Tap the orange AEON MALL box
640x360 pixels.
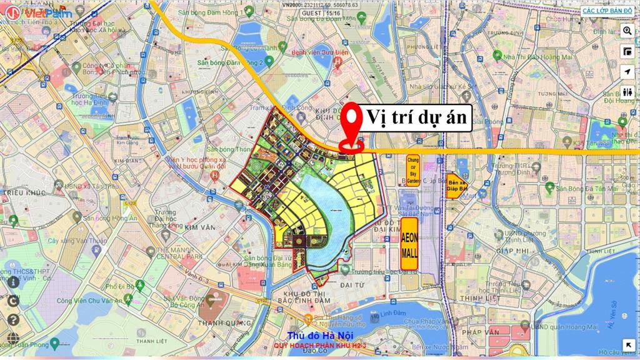[x=409, y=244]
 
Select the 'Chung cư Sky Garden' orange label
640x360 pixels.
[x=412, y=171]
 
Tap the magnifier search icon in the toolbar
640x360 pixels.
[x=627, y=31]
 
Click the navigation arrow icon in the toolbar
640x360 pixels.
[x=627, y=72]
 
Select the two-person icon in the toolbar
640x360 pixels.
[x=627, y=92]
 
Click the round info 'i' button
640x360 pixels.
[x=14, y=281]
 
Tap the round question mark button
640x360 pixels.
[x=14, y=319]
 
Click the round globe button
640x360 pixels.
[x=14, y=300]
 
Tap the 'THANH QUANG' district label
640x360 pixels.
[x=219, y=322]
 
